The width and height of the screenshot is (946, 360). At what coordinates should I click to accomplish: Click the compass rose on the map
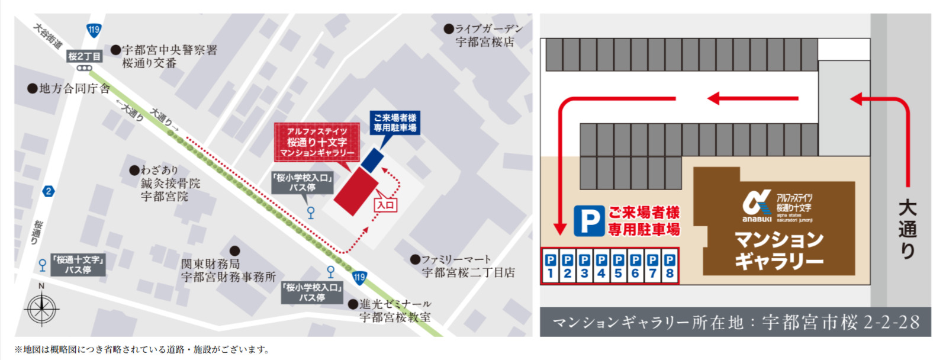point(41,308)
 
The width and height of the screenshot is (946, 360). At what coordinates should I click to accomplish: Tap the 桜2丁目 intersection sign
point(84,56)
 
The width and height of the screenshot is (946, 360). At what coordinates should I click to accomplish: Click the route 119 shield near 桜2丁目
point(94,30)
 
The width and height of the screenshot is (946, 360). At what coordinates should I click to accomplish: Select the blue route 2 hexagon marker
point(49,191)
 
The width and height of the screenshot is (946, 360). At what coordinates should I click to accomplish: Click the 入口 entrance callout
point(385,204)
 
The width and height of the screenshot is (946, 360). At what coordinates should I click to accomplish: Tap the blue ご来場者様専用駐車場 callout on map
point(394,123)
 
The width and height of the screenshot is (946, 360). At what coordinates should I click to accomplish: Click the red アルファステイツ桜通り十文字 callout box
point(317,142)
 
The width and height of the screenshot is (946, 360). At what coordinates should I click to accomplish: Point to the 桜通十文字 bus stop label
point(78,265)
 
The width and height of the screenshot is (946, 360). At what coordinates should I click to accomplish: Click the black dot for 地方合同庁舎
point(33,89)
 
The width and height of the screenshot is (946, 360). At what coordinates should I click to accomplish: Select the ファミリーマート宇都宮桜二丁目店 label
point(468,266)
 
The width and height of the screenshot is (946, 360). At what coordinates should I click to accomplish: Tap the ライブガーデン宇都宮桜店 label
point(488,35)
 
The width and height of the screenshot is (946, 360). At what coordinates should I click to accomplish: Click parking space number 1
point(551,266)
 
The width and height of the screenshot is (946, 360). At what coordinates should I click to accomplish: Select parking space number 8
point(670,266)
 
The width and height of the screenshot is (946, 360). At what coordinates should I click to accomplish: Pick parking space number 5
point(619,266)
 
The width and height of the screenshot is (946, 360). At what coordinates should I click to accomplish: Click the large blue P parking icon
point(589,221)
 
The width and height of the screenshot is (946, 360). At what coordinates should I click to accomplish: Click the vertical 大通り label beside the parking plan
point(907,229)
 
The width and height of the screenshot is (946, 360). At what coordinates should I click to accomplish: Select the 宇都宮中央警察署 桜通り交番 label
point(169,56)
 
